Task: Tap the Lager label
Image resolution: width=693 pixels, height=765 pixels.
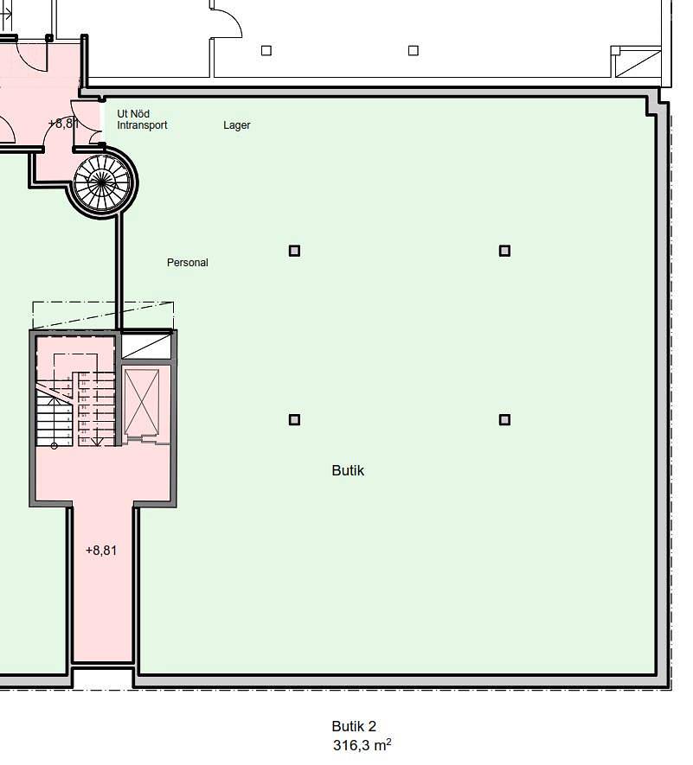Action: click(x=237, y=125)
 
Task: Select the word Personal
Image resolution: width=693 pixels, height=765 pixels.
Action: click(x=188, y=263)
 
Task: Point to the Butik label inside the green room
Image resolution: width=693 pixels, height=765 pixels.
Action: click(x=348, y=470)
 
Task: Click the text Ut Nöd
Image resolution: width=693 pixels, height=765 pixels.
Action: click(x=134, y=114)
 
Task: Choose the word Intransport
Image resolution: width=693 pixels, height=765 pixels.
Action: click(x=142, y=125)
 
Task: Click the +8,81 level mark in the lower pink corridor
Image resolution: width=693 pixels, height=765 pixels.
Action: click(x=101, y=550)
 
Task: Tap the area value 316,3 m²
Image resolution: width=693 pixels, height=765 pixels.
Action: click(x=362, y=744)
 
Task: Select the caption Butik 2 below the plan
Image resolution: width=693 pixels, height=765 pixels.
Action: click(x=354, y=727)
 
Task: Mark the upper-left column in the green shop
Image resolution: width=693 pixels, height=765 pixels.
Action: click(x=294, y=251)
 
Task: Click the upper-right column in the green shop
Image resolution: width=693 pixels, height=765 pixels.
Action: click(x=504, y=251)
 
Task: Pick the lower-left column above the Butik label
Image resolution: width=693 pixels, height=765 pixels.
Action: click(x=294, y=420)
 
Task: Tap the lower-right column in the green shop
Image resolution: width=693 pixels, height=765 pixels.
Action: click(x=504, y=420)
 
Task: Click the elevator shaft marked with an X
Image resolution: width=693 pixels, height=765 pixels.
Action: click(x=142, y=403)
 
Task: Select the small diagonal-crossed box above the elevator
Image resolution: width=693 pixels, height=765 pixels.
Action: click(x=146, y=346)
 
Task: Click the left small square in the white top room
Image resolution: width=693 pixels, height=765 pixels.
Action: click(x=266, y=50)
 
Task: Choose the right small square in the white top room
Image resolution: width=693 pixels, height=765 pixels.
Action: click(x=414, y=50)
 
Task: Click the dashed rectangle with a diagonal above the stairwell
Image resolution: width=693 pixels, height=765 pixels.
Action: click(x=103, y=315)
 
